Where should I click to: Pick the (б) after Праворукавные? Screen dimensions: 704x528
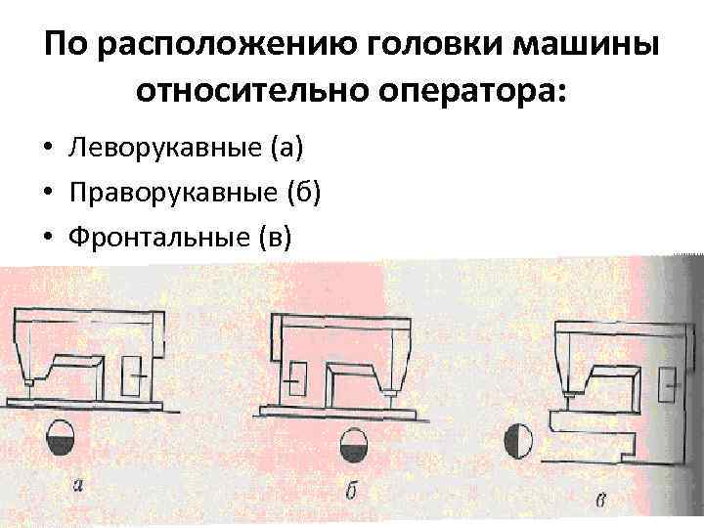click(x=302, y=193)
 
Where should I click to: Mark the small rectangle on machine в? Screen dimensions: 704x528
click(x=669, y=384)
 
